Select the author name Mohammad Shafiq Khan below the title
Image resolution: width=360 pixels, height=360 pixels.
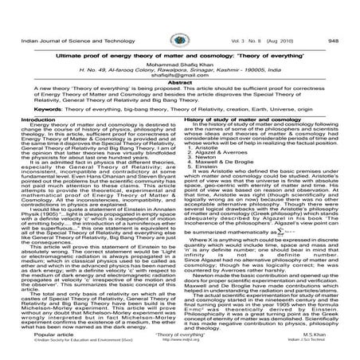[x=180, y=45]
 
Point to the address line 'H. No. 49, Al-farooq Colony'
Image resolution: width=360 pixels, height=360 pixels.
[x=179, y=52]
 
